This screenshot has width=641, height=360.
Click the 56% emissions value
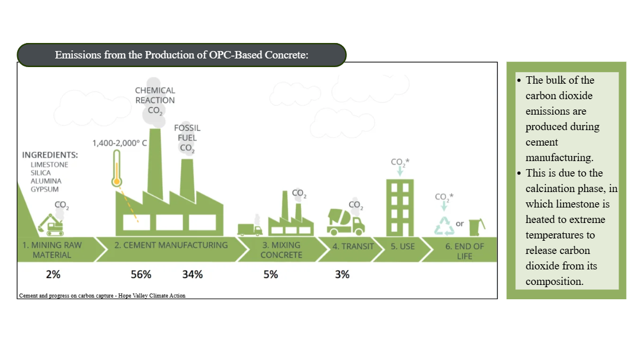(x=141, y=274)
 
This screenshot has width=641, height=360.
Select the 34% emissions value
(x=193, y=274)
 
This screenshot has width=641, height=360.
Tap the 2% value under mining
(x=53, y=274)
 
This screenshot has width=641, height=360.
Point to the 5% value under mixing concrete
(x=271, y=274)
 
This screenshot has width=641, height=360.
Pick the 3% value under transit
(x=342, y=274)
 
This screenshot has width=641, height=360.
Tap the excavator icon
(x=51, y=225)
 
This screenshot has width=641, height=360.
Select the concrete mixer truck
(x=345, y=222)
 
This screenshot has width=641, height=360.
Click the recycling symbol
(x=444, y=226)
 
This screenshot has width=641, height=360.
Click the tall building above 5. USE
(x=400, y=208)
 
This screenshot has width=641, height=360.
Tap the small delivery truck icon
(x=250, y=230)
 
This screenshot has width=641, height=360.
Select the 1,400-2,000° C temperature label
(x=119, y=143)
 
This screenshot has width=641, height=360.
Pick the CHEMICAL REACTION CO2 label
(x=155, y=100)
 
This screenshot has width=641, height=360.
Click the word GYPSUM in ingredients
(x=45, y=189)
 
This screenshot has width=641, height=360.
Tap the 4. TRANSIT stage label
(x=353, y=246)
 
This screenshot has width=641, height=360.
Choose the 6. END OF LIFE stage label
(x=465, y=251)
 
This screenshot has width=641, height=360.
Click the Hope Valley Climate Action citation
(x=102, y=295)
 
